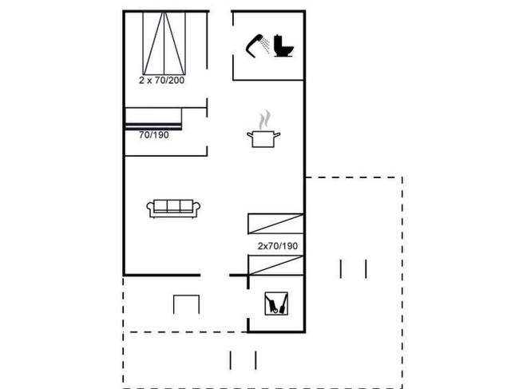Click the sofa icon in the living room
[x=175, y=208]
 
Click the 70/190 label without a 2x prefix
[x=154, y=135]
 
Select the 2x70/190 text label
[x=277, y=246]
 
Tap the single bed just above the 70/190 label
[x=153, y=117]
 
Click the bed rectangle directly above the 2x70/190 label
[x=275, y=224]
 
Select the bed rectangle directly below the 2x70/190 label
[x=275, y=264]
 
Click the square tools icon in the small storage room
[x=277, y=304]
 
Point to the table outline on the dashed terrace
[x=185, y=304]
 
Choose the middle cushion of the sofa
[x=175, y=206]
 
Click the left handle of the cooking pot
[x=250, y=136]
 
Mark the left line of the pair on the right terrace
[x=342, y=268]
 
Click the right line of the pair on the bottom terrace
[x=254, y=361]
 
